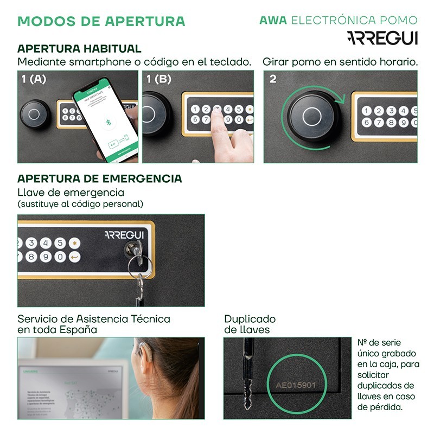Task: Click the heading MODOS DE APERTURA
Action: point(101,22)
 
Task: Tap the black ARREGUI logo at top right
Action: point(382,37)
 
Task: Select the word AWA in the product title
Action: point(273,21)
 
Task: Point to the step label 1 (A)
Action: point(34,79)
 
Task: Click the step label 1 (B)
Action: point(159,79)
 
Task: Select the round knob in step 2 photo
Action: point(311,116)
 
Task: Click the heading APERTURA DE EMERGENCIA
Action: point(100,179)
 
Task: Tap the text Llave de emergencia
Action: point(71,193)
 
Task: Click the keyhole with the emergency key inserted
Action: point(132,249)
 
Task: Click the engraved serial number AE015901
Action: point(296,386)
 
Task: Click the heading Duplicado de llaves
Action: point(250,324)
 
